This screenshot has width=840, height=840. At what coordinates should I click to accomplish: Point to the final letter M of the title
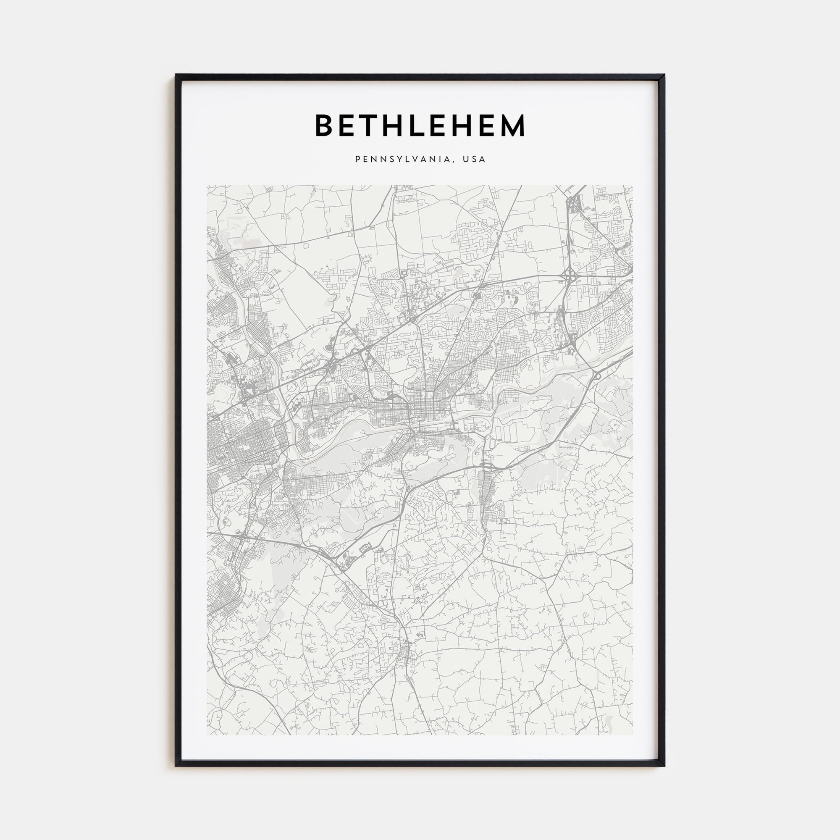(513, 126)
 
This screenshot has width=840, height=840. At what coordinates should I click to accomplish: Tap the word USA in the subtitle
(474, 160)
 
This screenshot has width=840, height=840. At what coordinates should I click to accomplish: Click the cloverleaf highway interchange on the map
(569, 275)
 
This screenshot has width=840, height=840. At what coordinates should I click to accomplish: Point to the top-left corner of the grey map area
(207, 186)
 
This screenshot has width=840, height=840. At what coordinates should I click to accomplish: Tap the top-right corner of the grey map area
(633, 186)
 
